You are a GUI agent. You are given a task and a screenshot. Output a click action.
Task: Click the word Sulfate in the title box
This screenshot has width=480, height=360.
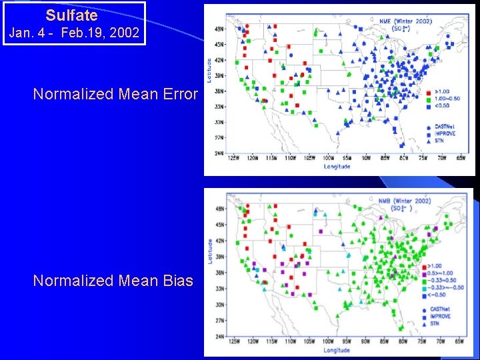[x=72, y=15]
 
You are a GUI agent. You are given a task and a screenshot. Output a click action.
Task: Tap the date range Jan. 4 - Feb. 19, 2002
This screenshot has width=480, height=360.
[x=74, y=33]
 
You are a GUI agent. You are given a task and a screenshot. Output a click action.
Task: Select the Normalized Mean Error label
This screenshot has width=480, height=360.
[x=115, y=94]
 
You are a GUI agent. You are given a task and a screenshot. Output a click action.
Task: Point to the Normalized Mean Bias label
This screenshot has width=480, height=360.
[x=113, y=281]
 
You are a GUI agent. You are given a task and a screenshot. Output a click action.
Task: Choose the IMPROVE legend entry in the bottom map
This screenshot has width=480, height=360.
[x=440, y=316]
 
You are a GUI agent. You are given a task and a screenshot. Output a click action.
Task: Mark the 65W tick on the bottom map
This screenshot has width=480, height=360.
[x=459, y=343]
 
